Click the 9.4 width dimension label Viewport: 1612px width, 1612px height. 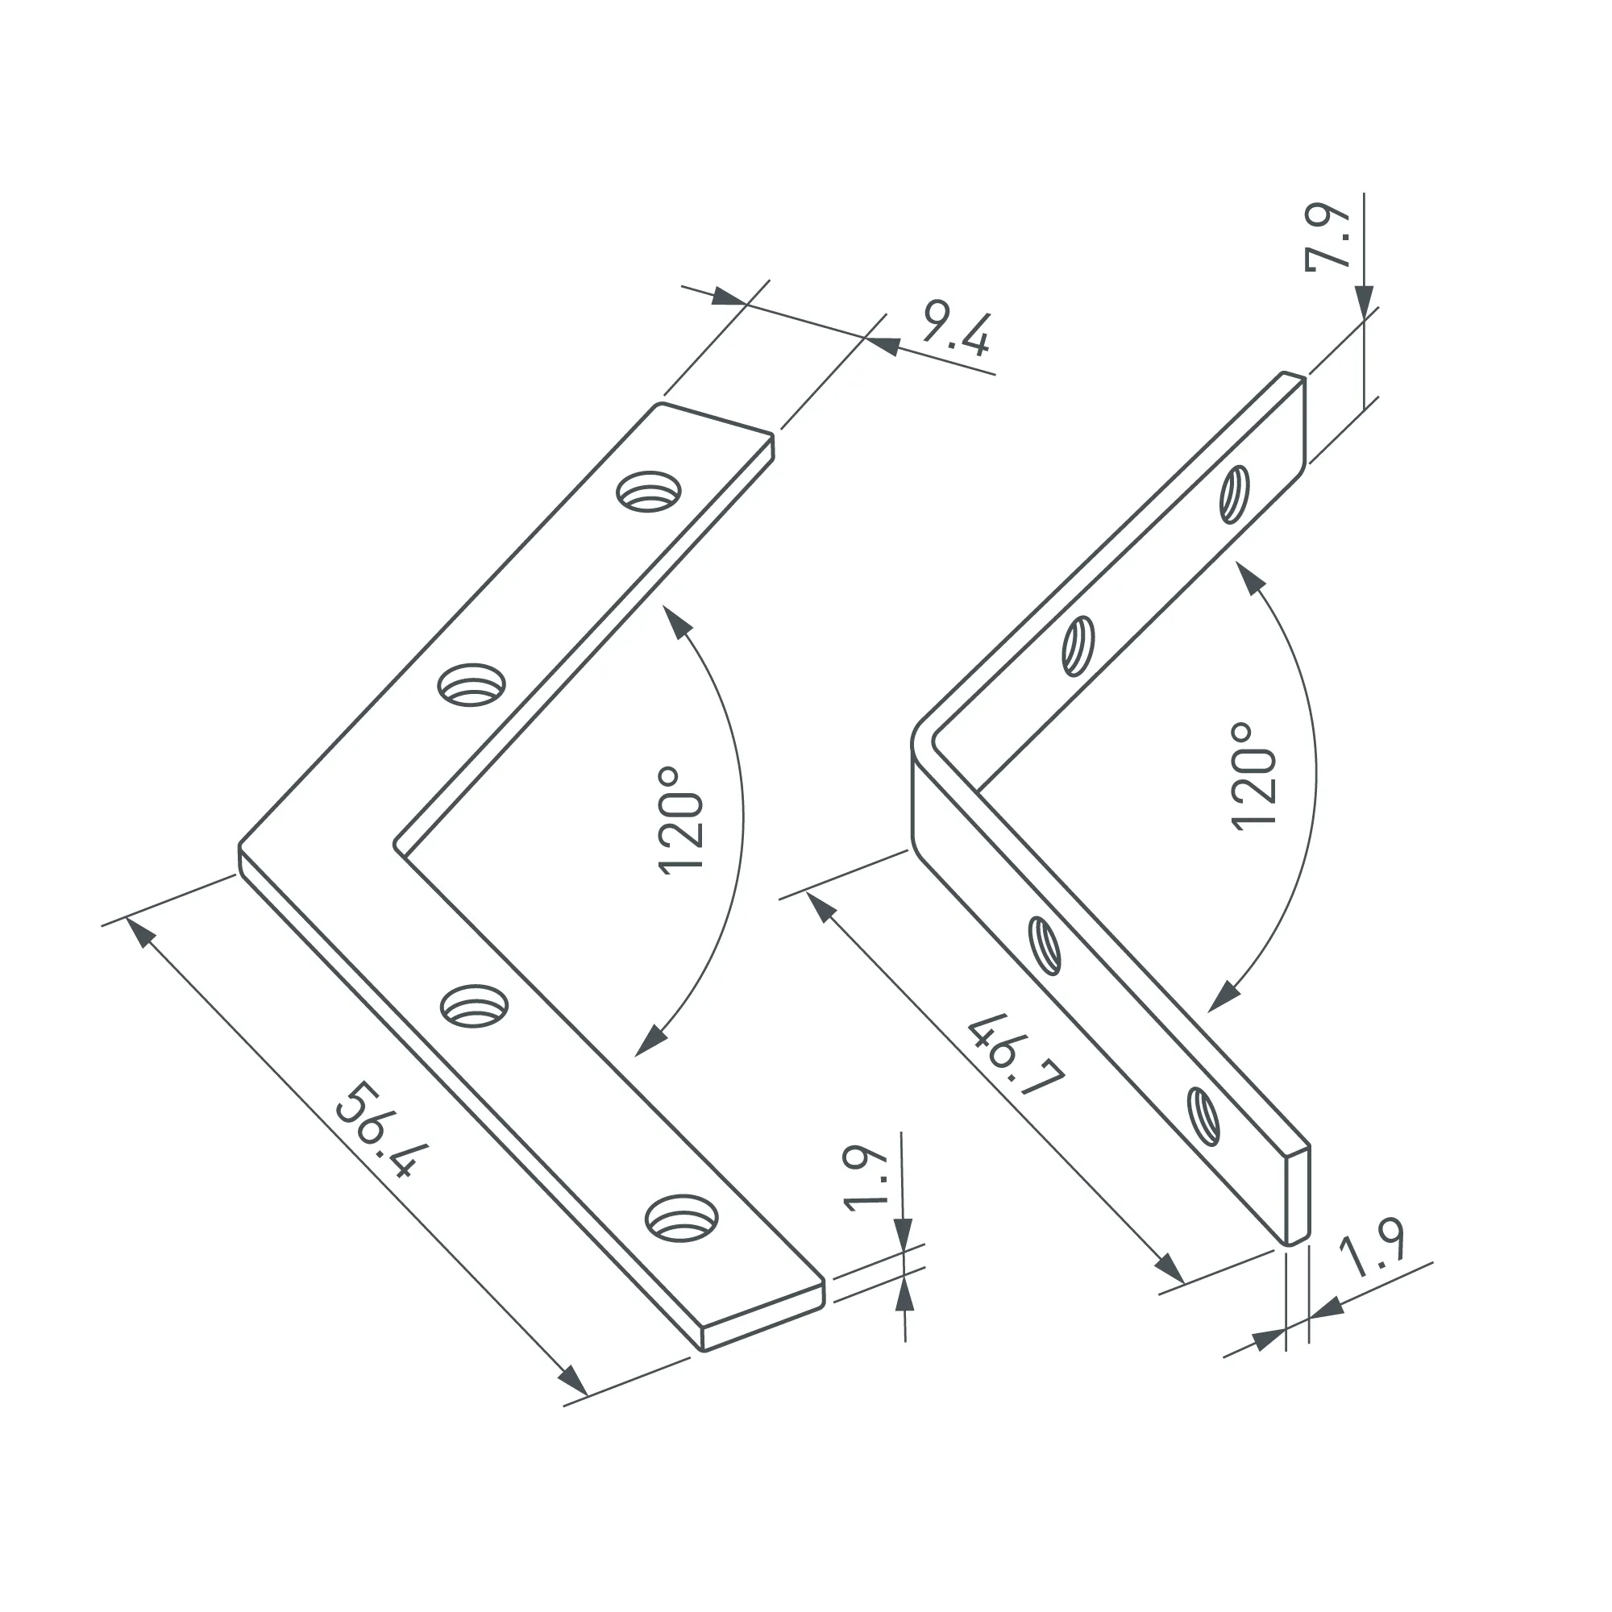[956, 334]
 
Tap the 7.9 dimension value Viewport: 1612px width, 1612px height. [1327, 237]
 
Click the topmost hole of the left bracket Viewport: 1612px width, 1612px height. [648, 492]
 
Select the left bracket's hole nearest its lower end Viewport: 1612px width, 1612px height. [683, 1219]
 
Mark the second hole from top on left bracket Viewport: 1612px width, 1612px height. [472, 684]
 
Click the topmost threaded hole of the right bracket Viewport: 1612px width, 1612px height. [1234, 495]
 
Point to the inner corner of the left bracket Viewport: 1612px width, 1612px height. [399, 847]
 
